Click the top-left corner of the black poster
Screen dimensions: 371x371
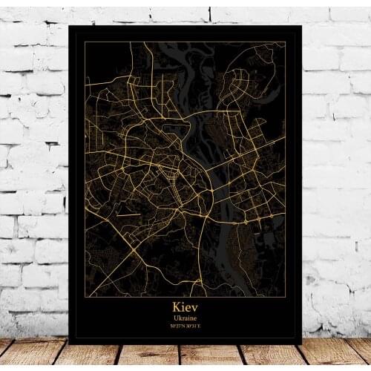69,25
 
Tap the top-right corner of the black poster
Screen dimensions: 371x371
301,25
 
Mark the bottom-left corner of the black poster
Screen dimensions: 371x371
69,344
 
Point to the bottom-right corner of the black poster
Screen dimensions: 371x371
301,344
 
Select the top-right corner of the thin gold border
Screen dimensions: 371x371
286,42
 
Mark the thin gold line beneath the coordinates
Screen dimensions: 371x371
185,332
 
